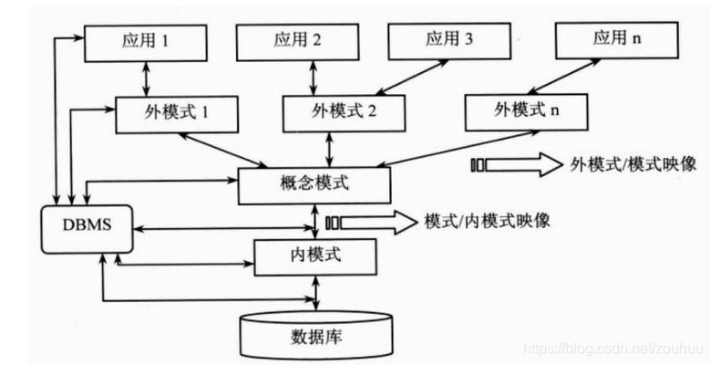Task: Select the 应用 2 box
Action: (296, 41)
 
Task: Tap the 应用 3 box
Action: (448, 40)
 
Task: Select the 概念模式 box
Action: (314, 184)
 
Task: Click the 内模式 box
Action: (314, 255)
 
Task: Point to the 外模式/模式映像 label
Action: (634, 163)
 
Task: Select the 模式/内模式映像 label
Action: (487, 220)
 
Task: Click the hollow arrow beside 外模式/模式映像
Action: (514, 164)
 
